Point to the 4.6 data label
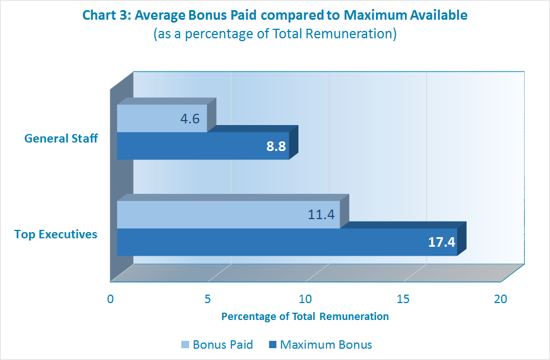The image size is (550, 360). pos(190,119)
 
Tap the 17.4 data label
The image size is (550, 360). pos(441,243)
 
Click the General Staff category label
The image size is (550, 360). pos(61,138)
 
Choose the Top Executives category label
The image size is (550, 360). pos(56,234)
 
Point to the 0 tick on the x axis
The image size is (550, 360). pos(111,299)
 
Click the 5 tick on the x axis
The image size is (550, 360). pos(208,299)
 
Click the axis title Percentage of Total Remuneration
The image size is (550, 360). pos(305,316)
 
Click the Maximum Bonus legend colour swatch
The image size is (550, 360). pos(273,344)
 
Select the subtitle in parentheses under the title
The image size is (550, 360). pos(275,34)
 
